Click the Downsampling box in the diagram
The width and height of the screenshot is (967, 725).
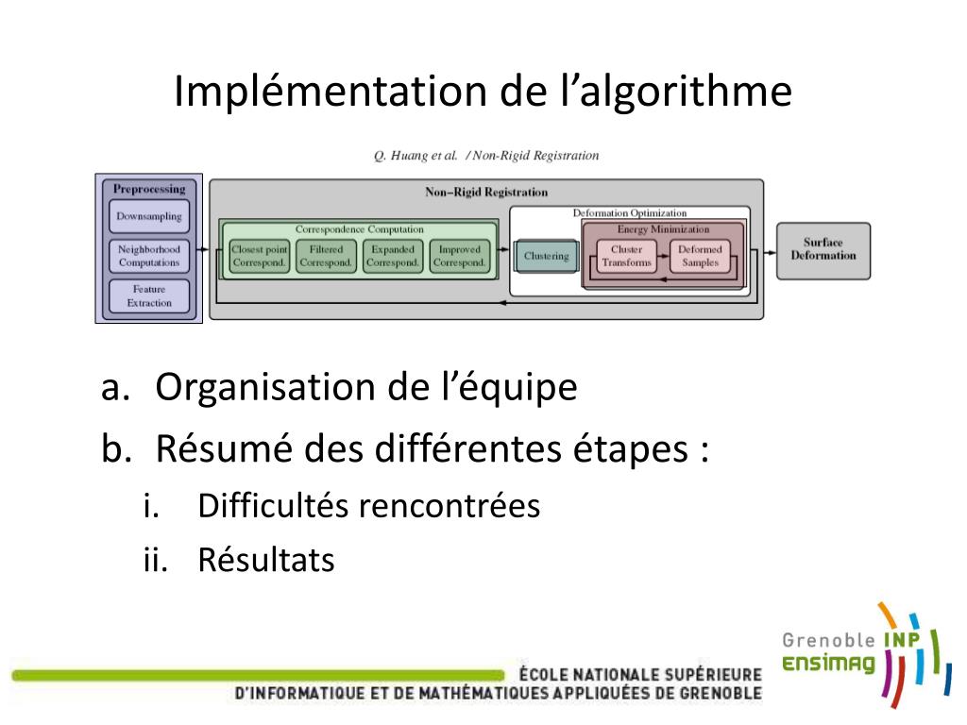pyautogui.click(x=149, y=216)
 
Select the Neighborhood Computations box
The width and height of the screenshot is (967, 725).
pyautogui.click(x=149, y=256)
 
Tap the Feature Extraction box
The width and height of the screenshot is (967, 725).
pyautogui.click(x=149, y=296)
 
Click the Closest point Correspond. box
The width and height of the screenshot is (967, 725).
pyautogui.click(x=259, y=256)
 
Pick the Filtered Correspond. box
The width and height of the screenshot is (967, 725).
pyautogui.click(x=326, y=256)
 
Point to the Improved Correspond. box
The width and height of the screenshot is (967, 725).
pyautogui.click(x=459, y=256)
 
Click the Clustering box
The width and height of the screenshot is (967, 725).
pyautogui.click(x=546, y=256)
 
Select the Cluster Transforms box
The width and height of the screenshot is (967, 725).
pyautogui.click(x=626, y=256)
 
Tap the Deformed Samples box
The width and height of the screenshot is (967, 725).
pyautogui.click(x=700, y=256)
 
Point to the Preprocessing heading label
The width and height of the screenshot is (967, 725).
pyautogui.click(x=149, y=189)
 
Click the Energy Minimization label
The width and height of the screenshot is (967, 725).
pyautogui.click(x=663, y=229)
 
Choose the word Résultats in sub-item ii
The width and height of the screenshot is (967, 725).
pyautogui.click(x=265, y=561)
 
